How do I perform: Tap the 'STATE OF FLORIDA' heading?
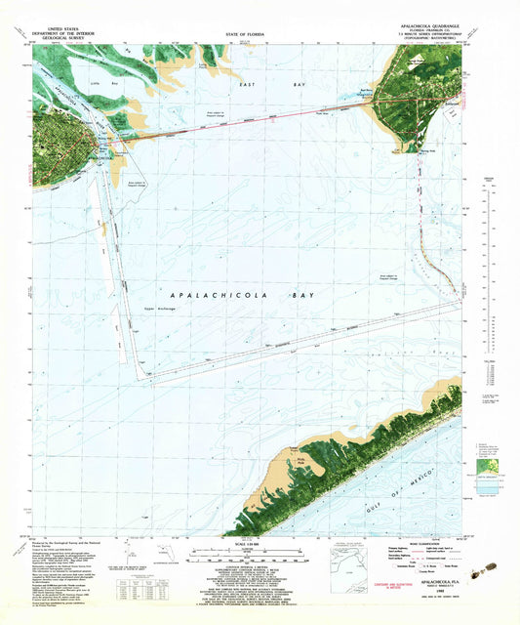260,33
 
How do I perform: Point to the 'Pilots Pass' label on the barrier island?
291,454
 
